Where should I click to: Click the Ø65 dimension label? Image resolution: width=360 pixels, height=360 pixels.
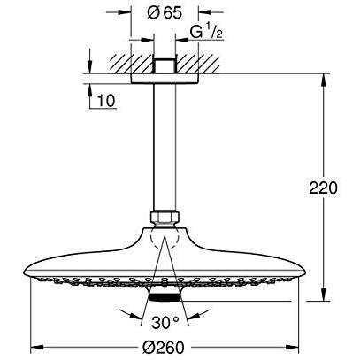pyautogui.click(x=165, y=13)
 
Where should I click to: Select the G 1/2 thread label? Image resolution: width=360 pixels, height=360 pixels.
pyautogui.click(x=206, y=32)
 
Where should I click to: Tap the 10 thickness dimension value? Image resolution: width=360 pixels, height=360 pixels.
pyautogui.click(x=106, y=101)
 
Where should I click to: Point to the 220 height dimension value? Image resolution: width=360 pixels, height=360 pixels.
pyautogui.click(x=323, y=188)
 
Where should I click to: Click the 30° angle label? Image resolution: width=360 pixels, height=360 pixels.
pyautogui.click(x=165, y=322)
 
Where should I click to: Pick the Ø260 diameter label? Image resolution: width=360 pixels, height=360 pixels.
pyautogui.click(x=163, y=348)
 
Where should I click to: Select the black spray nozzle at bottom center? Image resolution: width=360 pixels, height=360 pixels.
pyautogui.click(x=165, y=297)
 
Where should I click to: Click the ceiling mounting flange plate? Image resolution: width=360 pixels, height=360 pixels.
pyautogui.click(x=165, y=79)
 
